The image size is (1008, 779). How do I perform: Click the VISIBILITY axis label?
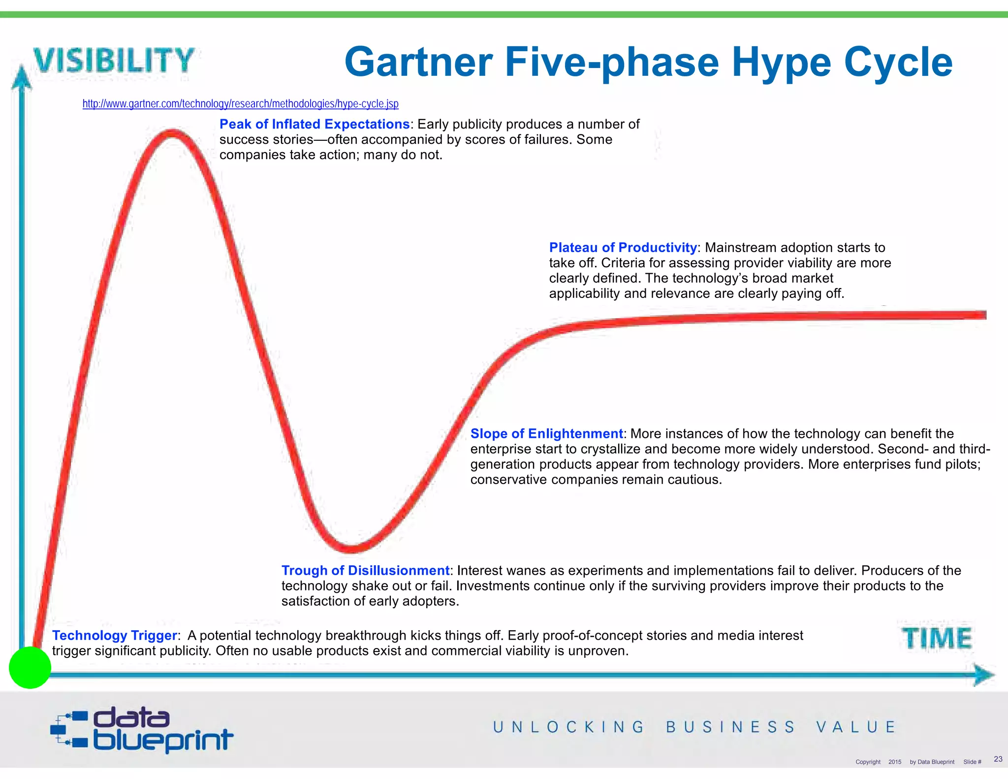(114, 60)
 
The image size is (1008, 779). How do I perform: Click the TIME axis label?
(937, 638)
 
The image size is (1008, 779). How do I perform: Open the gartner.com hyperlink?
(240, 104)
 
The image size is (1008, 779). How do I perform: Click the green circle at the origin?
(30, 667)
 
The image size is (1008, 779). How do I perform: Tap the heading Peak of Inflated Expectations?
(315, 124)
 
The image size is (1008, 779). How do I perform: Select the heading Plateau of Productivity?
(623, 247)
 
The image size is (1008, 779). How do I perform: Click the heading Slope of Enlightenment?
(546, 433)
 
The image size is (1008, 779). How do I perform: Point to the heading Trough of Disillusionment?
(365, 570)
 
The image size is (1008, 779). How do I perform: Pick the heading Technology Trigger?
(114, 635)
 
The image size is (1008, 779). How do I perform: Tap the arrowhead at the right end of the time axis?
(983, 675)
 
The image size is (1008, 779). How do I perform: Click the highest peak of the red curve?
(171, 133)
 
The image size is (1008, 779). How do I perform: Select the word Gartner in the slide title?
(418, 62)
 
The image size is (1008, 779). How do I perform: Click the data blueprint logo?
(142, 730)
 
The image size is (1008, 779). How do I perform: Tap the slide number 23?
(998, 759)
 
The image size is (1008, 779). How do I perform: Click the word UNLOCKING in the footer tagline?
(568, 727)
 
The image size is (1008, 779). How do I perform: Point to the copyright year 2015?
(894, 762)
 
